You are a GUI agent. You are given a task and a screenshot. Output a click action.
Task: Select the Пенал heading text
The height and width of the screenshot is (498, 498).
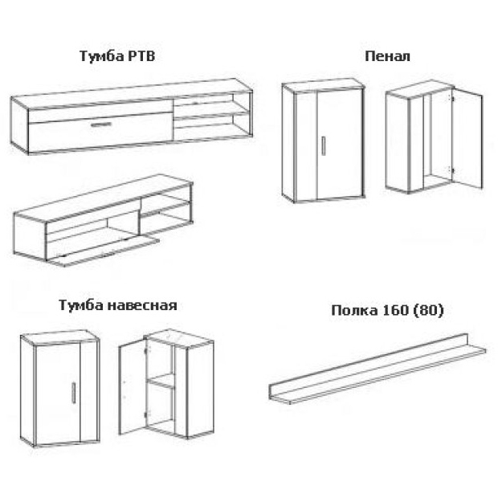(x=387, y=56)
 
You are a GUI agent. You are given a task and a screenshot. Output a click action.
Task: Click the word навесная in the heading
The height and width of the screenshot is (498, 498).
(x=142, y=305)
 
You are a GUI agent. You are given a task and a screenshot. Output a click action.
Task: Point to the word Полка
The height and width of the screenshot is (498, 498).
(x=354, y=310)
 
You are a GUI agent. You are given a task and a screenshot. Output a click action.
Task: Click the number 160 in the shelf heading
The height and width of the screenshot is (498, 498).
(x=396, y=310)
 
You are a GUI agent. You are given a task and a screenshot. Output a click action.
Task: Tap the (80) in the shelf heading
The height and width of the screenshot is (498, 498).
(x=428, y=310)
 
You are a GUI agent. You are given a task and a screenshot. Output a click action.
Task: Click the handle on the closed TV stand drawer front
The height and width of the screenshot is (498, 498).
(x=101, y=124)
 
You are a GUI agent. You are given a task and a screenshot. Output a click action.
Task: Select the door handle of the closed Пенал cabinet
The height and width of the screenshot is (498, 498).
(x=324, y=146)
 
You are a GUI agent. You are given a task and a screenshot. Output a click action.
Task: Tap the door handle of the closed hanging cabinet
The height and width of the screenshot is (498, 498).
(x=74, y=393)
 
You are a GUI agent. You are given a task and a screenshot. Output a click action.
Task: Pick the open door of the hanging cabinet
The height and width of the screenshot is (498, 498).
(x=133, y=386)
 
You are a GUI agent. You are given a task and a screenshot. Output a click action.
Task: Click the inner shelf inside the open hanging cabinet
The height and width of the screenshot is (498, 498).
(x=161, y=381)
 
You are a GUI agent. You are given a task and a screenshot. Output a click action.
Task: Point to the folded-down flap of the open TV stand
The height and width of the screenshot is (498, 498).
(x=104, y=251)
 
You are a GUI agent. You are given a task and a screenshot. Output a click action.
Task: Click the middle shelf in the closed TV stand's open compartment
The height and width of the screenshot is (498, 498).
(x=211, y=114)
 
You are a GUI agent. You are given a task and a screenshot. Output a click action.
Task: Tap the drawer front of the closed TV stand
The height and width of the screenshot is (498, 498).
(x=100, y=131)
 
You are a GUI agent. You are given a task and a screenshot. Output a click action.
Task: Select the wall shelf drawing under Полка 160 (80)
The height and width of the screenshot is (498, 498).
(x=378, y=369)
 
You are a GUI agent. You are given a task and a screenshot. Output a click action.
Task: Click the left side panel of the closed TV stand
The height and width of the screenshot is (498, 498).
(x=20, y=125)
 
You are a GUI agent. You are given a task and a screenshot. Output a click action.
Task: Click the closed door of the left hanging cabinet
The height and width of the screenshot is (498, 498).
(x=58, y=394)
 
